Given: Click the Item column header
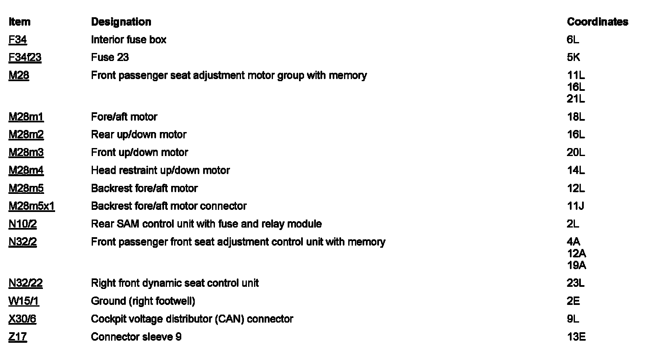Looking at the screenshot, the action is [x=19, y=22].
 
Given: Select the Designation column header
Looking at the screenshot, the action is [x=121, y=22].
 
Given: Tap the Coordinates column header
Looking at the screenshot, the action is [x=597, y=22].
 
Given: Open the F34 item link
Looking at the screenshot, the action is [x=18, y=40].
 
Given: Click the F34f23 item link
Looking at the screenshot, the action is [x=25, y=58].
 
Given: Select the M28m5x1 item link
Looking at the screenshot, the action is [x=32, y=206].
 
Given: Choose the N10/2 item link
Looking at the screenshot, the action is [x=23, y=224].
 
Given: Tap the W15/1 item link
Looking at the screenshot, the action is [x=24, y=302].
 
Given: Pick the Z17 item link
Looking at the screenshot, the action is [x=18, y=337].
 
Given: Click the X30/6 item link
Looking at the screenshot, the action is [x=22, y=319].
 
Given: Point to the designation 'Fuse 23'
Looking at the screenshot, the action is [x=110, y=58].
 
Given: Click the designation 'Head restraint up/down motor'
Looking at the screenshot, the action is [x=160, y=171].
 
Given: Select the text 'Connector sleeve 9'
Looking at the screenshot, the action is [x=136, y=337].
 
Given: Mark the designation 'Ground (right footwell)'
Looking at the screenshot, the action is [x=143, y=302].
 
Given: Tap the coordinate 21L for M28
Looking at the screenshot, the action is [x=576, y=99].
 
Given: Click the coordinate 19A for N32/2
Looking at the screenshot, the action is [x=576, y=266].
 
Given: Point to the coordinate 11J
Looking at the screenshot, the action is [x=575, y=206].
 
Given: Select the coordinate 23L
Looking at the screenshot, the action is [x=576, y=283].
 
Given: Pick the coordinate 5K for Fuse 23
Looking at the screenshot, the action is [x=573, y=58].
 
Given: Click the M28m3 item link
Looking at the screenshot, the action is [x=26, y=153].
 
